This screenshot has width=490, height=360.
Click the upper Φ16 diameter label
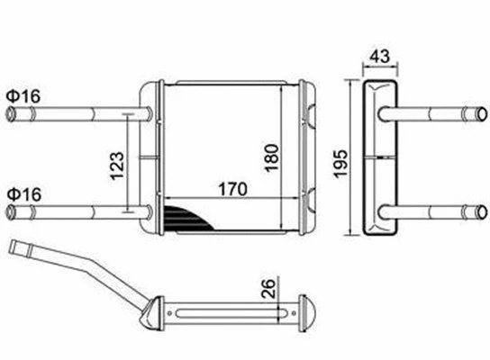(x=22, y=94)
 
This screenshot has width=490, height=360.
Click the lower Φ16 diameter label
(x=22, y=193)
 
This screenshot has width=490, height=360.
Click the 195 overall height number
(x=337, y=162)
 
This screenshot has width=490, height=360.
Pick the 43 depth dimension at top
(x=383, y=56)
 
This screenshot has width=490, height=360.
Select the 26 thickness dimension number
(x=268, y=290)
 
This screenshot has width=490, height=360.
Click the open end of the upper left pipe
(x=13, y=115)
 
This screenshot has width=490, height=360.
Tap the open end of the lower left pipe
(x=13, y=212)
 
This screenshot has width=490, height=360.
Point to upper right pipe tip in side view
(x=473, y=115)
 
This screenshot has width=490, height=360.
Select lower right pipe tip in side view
(x=473, y=211)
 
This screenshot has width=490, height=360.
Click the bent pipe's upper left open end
(x=13, y=247)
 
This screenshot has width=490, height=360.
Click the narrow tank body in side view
(x=383, y=162)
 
